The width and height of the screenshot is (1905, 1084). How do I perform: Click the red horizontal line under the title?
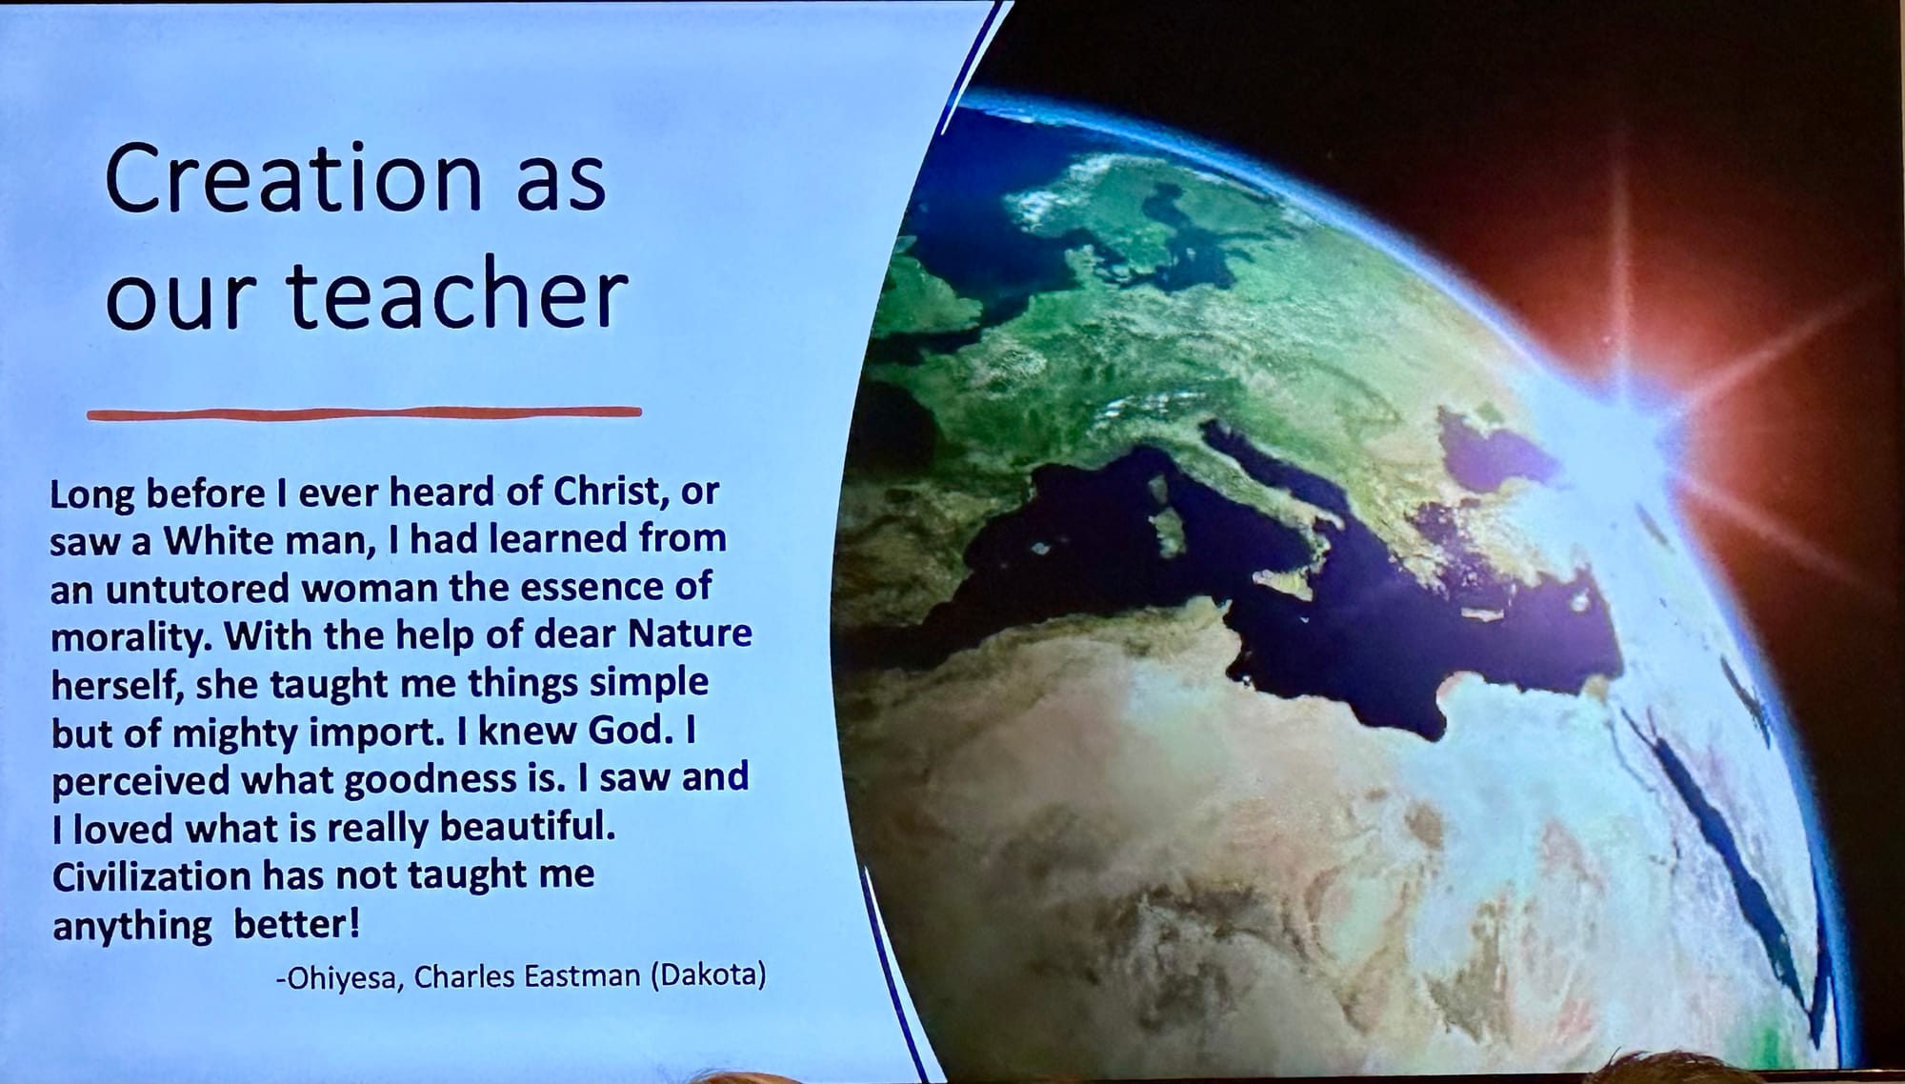[364, 413]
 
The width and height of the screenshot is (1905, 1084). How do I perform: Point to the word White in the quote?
[217, 540]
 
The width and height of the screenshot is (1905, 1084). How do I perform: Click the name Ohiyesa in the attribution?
[336, 978]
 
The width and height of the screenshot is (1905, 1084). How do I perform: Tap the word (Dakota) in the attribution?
[708, 975]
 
